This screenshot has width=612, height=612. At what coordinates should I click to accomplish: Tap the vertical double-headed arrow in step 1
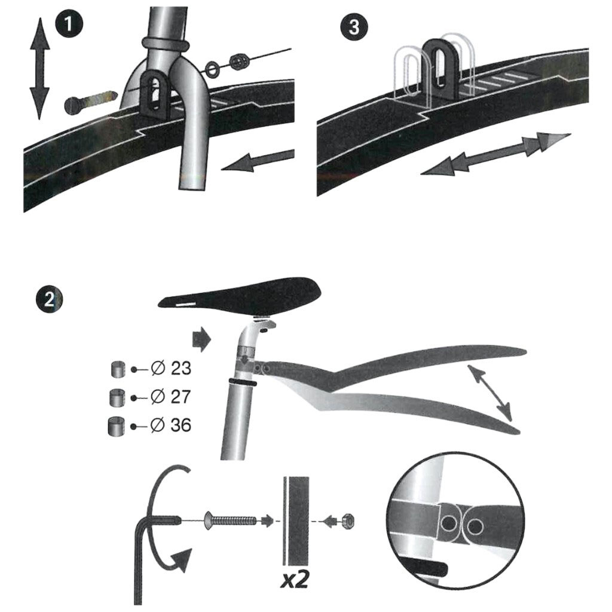39,68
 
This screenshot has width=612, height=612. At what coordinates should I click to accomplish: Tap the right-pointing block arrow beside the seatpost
202,339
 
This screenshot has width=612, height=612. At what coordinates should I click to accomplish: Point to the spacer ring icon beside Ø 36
117,426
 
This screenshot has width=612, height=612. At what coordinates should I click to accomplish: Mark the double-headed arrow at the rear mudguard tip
489,393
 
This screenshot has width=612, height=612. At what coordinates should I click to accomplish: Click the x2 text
294,579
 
